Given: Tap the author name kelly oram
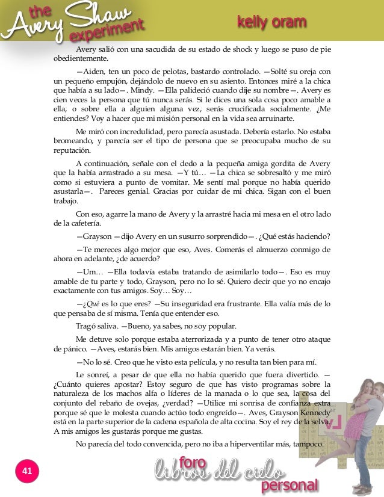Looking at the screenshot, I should [271, 23].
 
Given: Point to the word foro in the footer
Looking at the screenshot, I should [193, 462].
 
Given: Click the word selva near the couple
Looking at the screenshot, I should [317, 422].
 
